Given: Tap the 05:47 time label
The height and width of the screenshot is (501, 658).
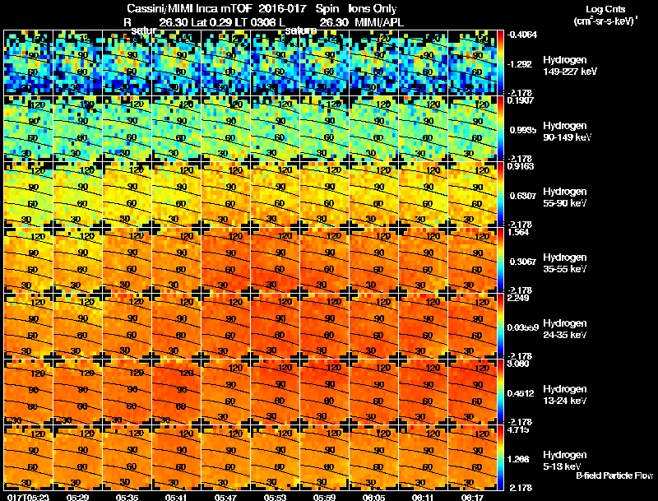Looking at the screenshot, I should coord(226,496).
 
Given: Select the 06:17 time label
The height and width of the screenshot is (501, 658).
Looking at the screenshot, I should coord(473,496).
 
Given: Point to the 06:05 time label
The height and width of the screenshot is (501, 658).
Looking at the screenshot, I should coord(374,496).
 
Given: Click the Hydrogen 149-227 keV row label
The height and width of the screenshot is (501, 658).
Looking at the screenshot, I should coord(564,67).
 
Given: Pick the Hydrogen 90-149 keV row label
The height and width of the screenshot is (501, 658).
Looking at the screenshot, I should coord(564,132).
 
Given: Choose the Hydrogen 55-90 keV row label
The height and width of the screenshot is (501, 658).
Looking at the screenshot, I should coord(564,198).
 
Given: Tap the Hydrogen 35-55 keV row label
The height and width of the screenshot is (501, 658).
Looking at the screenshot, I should coord(564,264).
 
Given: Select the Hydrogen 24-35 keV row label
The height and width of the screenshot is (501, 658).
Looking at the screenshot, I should coord(564,330).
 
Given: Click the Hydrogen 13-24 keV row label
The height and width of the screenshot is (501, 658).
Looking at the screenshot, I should coord(564,396).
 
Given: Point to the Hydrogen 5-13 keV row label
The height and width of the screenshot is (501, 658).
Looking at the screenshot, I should coord(564,462).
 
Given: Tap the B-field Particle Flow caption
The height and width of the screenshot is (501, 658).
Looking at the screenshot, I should coord(614,475).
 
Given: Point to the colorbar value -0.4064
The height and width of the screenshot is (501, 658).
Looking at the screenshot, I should coord(523,35).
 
